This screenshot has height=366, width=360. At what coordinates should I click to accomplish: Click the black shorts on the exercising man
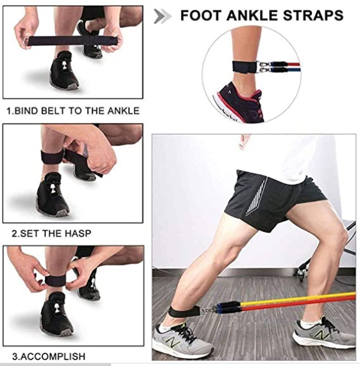[x=270, y=196]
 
